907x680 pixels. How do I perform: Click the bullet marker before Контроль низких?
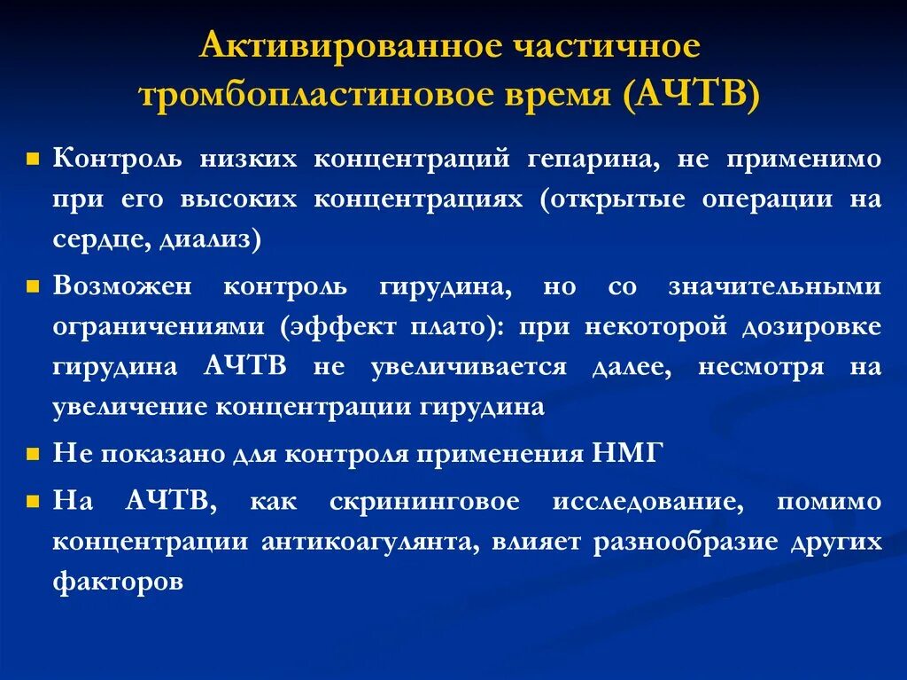32,160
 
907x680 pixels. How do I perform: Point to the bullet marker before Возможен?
32,287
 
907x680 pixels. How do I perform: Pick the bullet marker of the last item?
32,502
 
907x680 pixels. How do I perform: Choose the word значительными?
774,286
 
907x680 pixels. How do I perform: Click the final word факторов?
118,582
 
